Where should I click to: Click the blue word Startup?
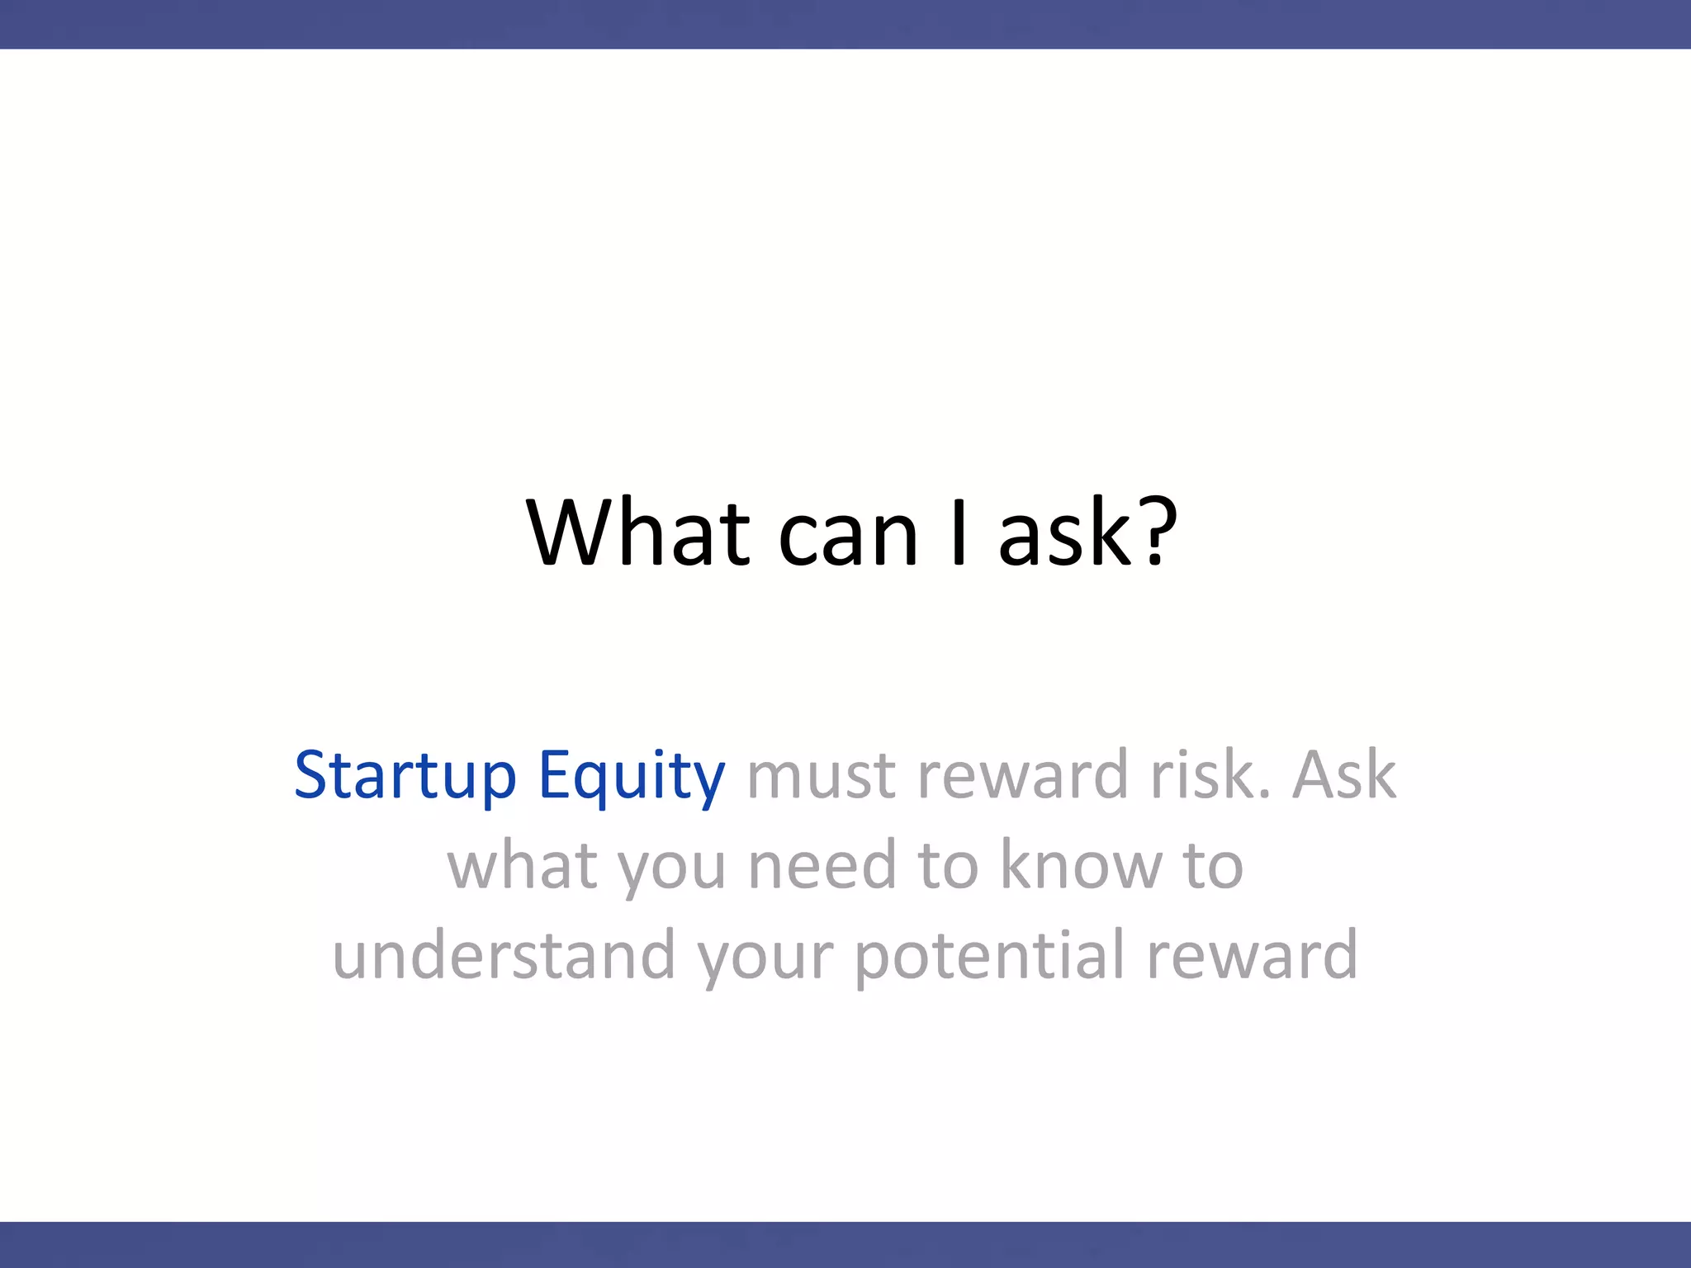pos(405,776)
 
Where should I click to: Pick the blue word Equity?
pos(632,776)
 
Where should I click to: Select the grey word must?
pos(821,776)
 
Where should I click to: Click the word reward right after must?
pos(1022,776)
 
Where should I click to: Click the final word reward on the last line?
pos(1252,956)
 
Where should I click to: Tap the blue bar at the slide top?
pos(845,24)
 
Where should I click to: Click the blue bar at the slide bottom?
pos(845,1245)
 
